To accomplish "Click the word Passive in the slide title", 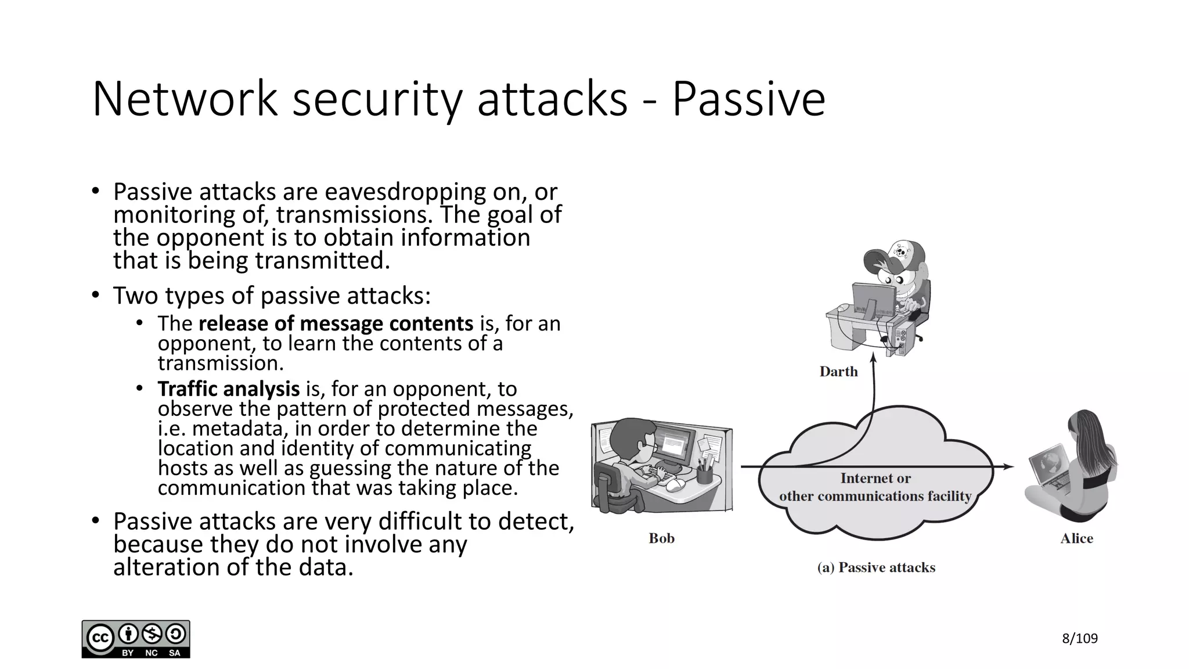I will [x=748, y=99].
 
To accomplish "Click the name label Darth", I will [x=838, y=372].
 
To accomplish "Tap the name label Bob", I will [x=661, y=538].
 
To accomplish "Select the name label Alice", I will [x=1076, y=538].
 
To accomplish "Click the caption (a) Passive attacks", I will [x=876, y=567].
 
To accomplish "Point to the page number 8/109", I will [x=1079, y=639].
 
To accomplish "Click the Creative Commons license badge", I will [x=136, y=639].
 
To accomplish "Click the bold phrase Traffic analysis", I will [x=229, y=389].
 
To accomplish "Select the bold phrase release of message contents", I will [x=336, y=323].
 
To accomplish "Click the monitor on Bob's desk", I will [x=675, y=442].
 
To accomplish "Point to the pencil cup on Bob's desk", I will [x=704, y=473].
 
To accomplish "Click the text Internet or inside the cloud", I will [x=875, y=479].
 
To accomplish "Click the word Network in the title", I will [x=185, y=99].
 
